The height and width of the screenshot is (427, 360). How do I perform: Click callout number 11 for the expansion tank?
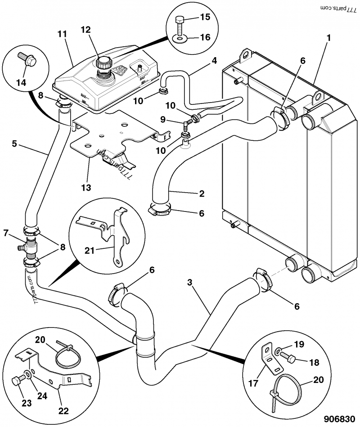62,33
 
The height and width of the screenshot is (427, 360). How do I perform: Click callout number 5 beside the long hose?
14,144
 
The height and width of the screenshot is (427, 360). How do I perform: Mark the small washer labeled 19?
280,351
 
